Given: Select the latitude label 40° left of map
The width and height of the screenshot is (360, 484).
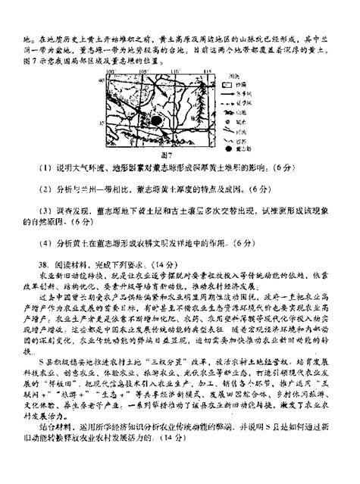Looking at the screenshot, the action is coord(101,80).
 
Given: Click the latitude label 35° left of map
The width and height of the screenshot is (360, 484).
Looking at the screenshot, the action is coord(101,120).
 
